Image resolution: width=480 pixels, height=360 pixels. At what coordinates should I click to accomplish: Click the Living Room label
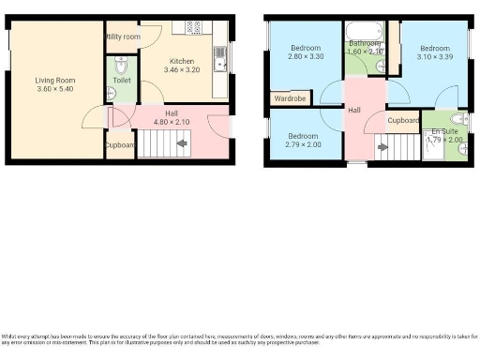[55, 81]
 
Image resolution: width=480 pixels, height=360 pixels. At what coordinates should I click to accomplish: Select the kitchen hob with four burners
[194, 27]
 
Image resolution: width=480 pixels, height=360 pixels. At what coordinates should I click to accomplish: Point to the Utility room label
[123, 37]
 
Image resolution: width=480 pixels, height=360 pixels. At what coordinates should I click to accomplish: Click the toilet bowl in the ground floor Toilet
[120, 67]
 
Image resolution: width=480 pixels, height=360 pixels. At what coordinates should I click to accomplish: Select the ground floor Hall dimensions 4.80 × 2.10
[172, 122]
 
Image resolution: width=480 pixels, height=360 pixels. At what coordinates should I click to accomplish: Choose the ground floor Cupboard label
[119, 146]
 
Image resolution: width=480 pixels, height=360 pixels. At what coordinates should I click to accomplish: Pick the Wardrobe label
[292, 97]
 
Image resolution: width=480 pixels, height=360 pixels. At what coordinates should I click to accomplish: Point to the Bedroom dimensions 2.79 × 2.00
[304, 145]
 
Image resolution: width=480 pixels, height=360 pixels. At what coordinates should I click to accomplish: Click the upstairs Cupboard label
[404, 121]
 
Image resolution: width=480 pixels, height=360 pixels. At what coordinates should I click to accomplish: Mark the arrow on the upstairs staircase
[381, 146]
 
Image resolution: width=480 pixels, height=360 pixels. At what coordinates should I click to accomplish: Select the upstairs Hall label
[354, 111]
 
